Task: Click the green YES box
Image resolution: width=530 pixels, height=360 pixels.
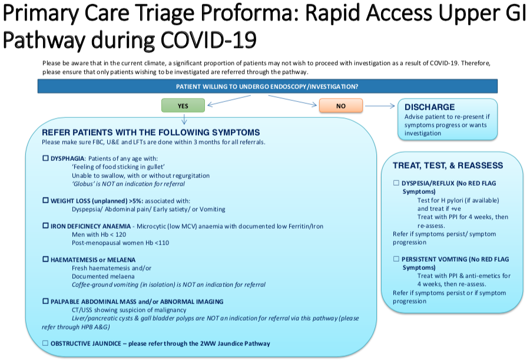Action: point(183,106)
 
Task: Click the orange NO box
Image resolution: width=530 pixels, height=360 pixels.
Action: point(340,106)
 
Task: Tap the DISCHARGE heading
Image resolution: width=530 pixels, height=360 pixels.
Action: point(430,107)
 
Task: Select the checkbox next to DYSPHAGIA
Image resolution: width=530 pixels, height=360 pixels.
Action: point(46,159)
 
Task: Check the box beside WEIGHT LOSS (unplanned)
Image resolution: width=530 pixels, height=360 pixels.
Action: point(46,201)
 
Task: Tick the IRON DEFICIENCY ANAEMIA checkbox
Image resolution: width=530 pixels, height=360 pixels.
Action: point(46,226)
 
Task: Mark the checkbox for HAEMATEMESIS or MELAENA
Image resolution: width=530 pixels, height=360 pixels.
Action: point(46,259)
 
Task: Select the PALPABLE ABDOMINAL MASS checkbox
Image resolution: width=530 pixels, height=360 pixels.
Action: point(46,301)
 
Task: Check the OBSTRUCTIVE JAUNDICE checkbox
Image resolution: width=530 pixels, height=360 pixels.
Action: point(46,343)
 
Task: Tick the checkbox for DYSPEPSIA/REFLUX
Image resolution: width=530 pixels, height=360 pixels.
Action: point(396,183)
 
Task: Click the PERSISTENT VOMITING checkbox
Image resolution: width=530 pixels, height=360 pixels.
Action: point(396,259)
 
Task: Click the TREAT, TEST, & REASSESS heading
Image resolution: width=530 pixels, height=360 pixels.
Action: point(448,166)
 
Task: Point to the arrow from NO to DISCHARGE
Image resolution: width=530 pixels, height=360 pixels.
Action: point(379,106)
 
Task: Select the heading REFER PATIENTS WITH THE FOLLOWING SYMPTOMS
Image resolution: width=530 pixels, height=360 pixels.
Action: point(151,133)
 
